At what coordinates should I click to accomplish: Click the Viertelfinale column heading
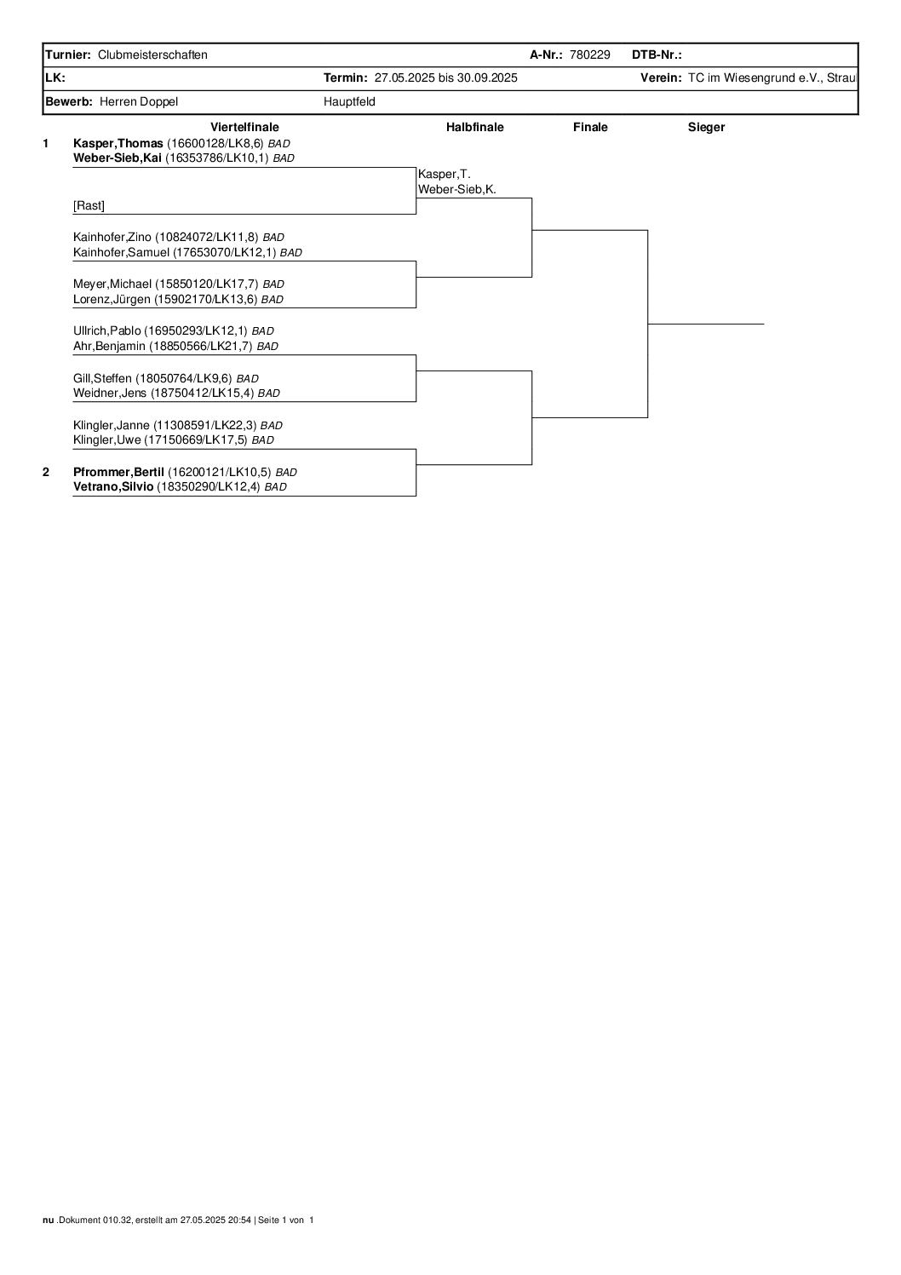point(244,127)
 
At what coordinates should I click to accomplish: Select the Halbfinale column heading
point(474,127)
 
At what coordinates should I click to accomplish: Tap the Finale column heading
point(590,127)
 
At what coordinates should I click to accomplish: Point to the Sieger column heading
point(706,127)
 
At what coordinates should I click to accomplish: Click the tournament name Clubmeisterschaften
point(152,55)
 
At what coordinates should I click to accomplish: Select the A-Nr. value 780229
point(589,55)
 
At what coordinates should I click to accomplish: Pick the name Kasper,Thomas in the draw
point(118,143)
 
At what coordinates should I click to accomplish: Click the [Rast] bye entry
point(89,205)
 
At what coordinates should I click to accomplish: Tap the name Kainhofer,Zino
point(112,238)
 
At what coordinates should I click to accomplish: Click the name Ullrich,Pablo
point(107,330)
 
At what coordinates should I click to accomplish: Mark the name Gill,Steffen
point(102,378)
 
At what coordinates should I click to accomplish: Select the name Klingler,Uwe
point(107,440)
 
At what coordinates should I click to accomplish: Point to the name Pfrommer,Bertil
point(119,472)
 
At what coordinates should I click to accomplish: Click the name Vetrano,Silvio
point(113,486)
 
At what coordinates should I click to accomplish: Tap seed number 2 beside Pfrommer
point(46,472)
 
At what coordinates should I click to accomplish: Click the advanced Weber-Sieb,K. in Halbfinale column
point(457,190)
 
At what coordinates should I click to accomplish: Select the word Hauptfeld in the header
point(349,102)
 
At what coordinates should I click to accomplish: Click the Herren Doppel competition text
point(139,102)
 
